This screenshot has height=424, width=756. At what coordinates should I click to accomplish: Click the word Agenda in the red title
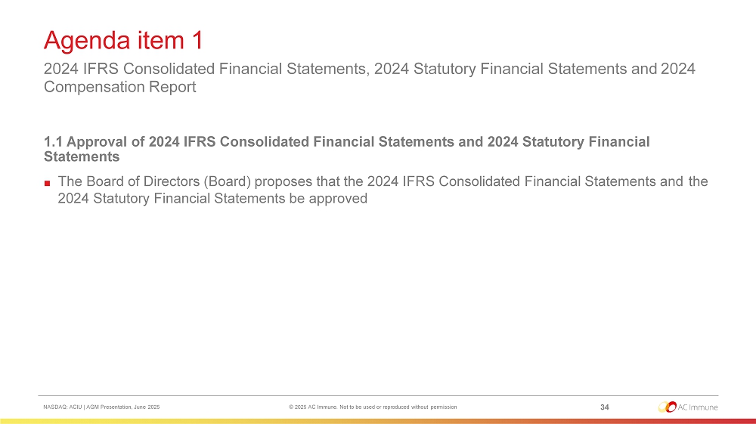point(87,41)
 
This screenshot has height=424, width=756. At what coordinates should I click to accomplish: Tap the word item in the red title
point(161,40)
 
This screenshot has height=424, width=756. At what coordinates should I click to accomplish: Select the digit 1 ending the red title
point(197,40)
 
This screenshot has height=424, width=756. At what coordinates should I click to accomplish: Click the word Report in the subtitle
point(172,87)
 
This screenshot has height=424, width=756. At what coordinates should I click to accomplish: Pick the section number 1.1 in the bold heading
point(53,141)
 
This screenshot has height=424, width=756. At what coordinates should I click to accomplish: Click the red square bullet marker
point(47,183)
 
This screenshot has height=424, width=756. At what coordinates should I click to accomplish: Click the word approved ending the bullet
point(338,199)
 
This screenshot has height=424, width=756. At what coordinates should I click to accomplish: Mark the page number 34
point(605,407)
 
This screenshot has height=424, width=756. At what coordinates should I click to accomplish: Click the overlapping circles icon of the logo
point(668,407)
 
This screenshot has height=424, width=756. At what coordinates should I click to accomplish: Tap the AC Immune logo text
point(698,407)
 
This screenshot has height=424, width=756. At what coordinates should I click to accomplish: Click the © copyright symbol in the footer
point(291,407)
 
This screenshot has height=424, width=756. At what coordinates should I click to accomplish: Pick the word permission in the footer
point(444,407)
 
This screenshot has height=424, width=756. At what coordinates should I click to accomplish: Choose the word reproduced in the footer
point(396,407)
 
